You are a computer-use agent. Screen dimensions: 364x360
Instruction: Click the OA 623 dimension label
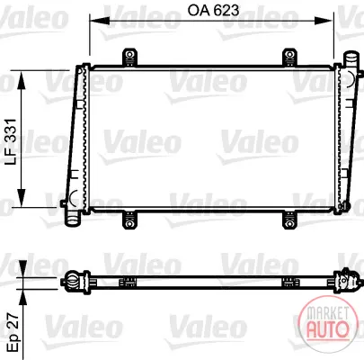tap(213, 11)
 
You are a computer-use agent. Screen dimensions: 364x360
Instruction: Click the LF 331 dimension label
tap(12, 141)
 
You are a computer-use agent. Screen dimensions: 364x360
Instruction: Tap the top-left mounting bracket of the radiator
tap(129, 57)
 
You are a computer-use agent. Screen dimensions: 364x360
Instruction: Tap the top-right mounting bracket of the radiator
tap(289, 57)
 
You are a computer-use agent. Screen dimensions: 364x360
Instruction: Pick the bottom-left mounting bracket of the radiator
tap(129, 220)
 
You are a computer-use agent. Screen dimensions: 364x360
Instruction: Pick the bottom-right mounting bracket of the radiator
tap(289, 220)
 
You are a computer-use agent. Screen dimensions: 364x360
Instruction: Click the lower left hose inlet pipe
tap(73, 218)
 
